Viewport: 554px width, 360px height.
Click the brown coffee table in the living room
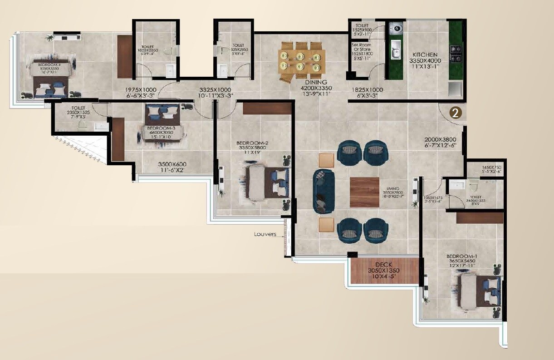click(364, 192)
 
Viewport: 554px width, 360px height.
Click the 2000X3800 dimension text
click(440, 139)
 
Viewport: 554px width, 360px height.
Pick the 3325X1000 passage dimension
click(216, 90)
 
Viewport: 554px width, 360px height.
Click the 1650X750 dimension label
click(491, 168)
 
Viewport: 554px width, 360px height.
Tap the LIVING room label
click(392, 188)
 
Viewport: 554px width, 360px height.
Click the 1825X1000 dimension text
click(367, 90)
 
